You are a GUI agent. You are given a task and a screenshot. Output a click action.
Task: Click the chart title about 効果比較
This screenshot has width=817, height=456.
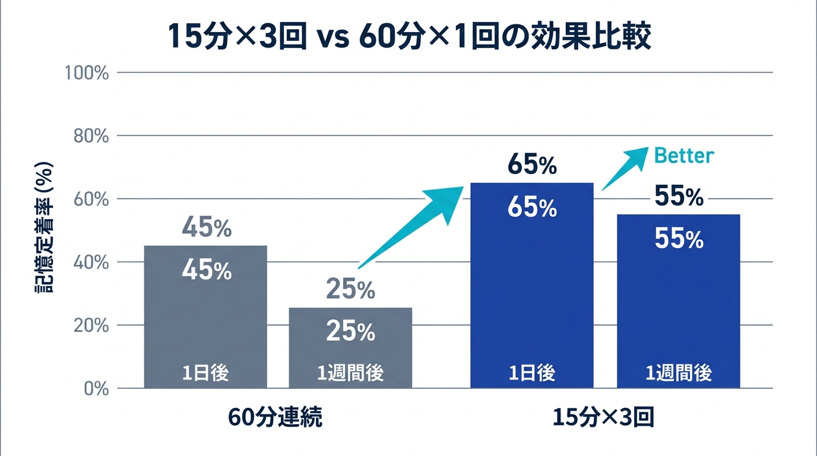tap(409, 37)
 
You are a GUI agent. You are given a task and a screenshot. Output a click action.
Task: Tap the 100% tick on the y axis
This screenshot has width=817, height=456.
tap(87, 73)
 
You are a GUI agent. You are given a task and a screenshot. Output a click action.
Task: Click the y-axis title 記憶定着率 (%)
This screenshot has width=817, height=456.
tap(43, 227)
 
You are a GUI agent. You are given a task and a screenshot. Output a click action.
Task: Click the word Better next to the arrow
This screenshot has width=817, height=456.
tap(683, 156)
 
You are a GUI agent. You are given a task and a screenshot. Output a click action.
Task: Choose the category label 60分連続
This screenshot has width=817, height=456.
tap(275, 418)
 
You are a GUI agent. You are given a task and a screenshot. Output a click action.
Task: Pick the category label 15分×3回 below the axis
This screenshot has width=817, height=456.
tap(603, 418)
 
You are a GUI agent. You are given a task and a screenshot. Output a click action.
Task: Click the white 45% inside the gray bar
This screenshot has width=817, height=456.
tap(206, 271)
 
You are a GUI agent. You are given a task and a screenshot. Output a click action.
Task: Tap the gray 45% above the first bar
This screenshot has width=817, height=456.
tap(206, 227)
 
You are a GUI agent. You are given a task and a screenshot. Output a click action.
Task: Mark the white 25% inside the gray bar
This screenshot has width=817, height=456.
tap(350, 331)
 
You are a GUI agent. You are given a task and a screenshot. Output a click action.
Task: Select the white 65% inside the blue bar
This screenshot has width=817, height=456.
tap(532, 208)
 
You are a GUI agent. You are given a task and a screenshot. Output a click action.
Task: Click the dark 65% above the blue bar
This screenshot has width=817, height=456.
tap(532, 166)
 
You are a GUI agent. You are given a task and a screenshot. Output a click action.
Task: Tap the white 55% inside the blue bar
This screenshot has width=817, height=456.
tap(679, 239)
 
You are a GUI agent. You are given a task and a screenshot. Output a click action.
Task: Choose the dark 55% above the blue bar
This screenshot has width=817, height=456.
tap(679, 197)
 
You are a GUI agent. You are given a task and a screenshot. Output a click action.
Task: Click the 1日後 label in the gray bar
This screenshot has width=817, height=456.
tap(205, 373)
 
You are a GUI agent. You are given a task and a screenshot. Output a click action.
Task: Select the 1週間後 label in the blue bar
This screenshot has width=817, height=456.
tap(679, 373)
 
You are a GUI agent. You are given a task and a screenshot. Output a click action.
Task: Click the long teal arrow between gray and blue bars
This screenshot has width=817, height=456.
tap(413, 226)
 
